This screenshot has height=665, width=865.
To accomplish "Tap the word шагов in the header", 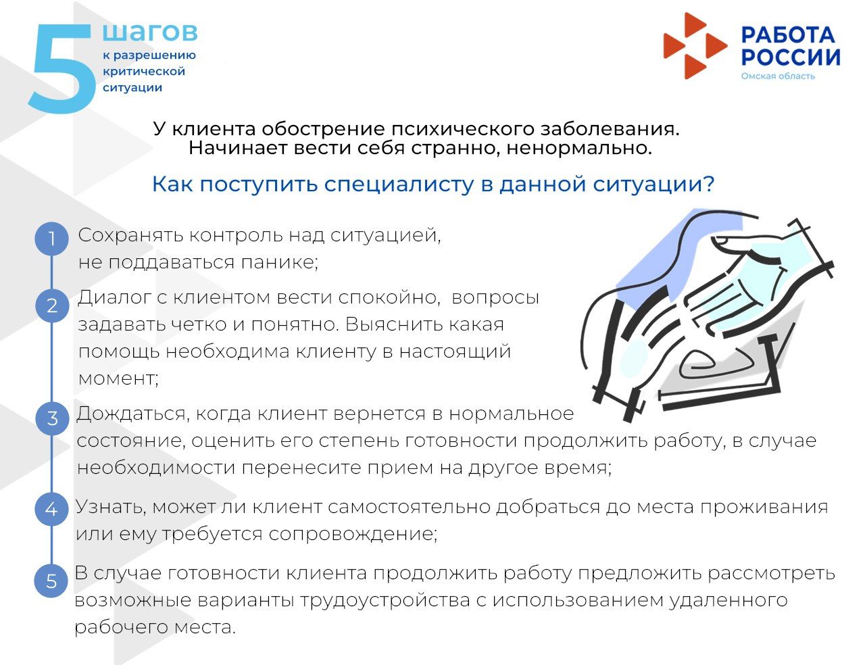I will [150, 32].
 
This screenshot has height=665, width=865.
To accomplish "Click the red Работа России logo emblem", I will [693, 45].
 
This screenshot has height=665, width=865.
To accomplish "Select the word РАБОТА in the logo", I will [788, 34].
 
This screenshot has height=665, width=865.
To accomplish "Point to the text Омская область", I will [778, 76].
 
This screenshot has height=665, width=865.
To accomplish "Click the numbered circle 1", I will [51, 239].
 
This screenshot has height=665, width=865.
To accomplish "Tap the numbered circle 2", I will [51, 306].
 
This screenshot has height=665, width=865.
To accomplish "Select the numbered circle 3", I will [51, 418].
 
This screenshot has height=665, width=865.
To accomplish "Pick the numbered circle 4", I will [51, 509].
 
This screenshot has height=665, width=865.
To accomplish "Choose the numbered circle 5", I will [51, 581].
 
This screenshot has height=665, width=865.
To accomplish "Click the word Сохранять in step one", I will [130, 236].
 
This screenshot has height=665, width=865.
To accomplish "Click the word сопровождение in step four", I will [352, 534].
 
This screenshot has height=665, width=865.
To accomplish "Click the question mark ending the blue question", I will [709, 184].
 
